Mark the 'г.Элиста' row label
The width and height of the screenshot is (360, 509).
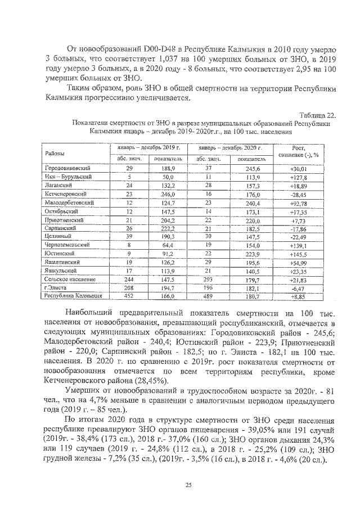(55, 287)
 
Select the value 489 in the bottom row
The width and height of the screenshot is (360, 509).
(208, 295)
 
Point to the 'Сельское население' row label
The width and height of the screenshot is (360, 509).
(71, 279)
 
